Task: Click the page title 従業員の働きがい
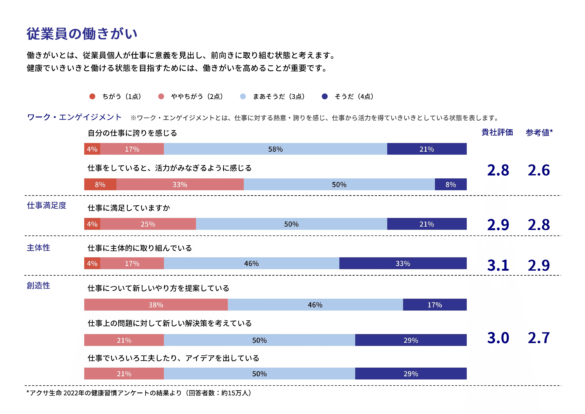82,34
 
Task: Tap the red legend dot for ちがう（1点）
92,96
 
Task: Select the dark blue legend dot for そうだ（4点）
325,96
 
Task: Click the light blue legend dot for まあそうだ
243,96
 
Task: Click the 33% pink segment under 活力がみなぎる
180,184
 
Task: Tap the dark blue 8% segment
450,184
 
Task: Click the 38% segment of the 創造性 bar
156,305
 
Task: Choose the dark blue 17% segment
435,305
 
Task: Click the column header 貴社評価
497,132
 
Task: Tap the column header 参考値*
539,132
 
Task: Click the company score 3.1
498,265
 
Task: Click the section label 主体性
39,247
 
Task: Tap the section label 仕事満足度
47,205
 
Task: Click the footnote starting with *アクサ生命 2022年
139,393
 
